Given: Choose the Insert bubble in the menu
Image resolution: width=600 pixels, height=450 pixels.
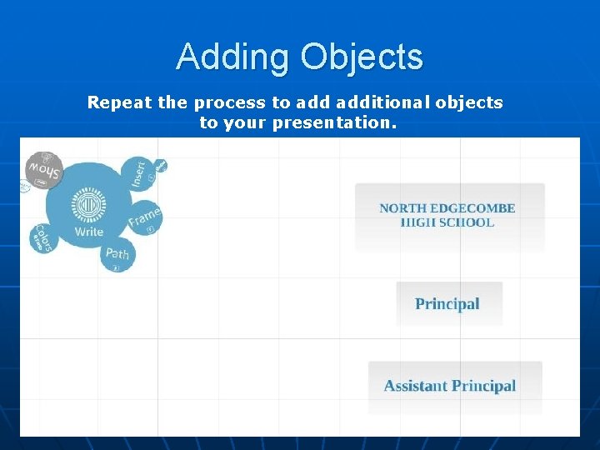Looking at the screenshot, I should point(139,172).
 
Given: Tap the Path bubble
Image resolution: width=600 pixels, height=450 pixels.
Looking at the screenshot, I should point(117,254).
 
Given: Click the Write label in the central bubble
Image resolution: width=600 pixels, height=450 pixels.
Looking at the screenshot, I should point(88,232).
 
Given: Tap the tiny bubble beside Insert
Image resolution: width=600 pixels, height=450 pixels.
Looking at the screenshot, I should point(161,165).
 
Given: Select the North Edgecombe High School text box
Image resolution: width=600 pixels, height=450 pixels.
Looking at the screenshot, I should point(448,216).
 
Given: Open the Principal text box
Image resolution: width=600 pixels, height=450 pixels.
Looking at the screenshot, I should point(448,303).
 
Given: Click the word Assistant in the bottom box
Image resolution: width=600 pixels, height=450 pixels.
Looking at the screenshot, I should point(415,386).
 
